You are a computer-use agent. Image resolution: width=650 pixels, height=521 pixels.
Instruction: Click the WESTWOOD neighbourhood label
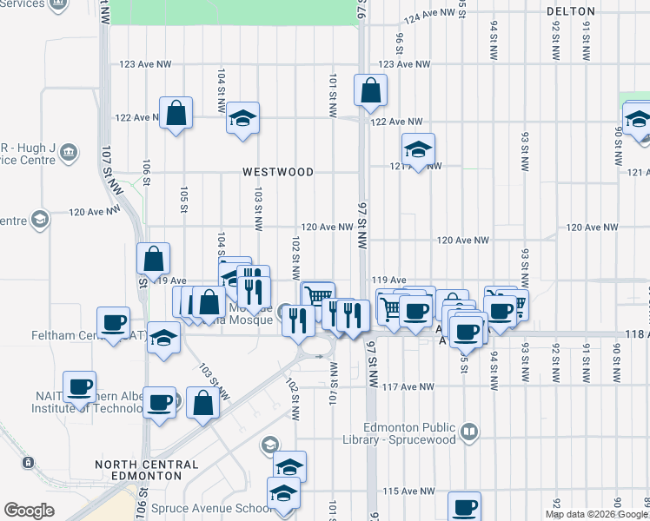click(x=278, y=172)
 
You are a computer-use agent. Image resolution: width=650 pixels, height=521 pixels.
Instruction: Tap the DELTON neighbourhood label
click(x=571, y=11)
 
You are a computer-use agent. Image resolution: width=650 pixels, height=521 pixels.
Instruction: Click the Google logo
click(x=30, y=511)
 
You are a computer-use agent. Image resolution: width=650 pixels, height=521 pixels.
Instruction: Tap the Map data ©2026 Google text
click(x=595, y=514)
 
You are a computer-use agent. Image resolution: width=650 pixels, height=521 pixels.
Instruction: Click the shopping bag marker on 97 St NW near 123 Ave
click(x=370, y=89)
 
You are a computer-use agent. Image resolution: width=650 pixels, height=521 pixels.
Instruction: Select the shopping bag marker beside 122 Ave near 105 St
click(x=176, y=113)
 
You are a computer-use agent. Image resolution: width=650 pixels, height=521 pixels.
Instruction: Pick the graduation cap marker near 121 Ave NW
click(x=418, y=149)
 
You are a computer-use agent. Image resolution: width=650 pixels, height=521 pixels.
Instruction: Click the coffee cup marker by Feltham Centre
click(x=113, y=323)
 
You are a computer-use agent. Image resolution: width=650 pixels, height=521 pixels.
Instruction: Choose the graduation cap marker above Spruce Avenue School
click(x=290, y=466)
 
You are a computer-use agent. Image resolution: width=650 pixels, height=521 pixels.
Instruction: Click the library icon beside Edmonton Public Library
click(x=470, y=431)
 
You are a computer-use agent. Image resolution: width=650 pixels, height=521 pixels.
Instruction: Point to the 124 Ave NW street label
click(x=429, y=15)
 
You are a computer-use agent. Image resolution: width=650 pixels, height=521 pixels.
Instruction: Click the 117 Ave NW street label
click(x=401, y=386)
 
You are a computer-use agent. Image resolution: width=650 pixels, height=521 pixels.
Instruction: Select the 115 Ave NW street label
click(x=401, y=491)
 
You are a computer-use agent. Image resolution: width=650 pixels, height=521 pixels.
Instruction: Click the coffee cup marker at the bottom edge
click(x=464, y=507)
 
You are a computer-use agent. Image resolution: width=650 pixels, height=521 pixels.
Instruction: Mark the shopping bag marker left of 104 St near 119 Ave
click(x=153, y=259)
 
